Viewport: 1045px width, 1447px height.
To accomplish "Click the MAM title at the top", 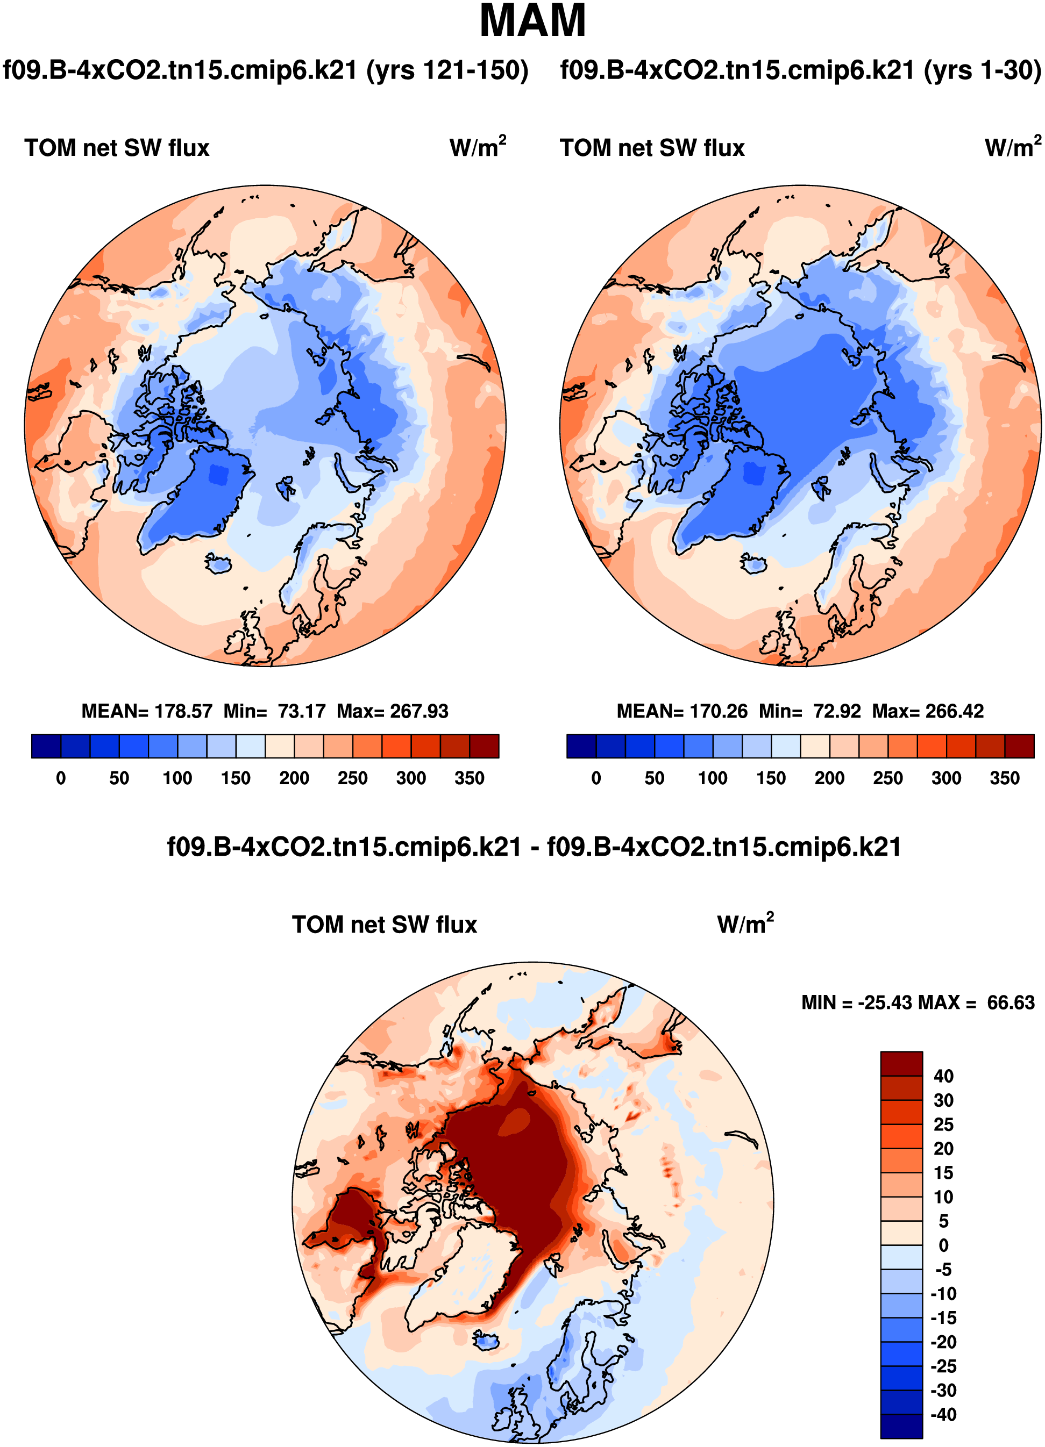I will point(532,21).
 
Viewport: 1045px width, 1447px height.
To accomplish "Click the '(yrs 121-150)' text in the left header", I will point(447,69).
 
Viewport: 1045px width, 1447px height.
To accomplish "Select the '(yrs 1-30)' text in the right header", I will point(982,69).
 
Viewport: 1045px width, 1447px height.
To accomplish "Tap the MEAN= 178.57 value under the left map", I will point(146,711).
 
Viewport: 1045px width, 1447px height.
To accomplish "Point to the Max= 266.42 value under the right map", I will point(928,711).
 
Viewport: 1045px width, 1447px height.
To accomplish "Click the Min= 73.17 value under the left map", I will point(274,711).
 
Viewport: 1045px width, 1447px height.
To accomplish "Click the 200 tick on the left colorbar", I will point(294,778).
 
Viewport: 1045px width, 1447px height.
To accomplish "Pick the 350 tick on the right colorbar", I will point(1004,778).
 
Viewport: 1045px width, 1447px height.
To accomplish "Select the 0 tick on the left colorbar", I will point(61,778).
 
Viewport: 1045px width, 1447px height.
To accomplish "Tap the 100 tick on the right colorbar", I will point(713,778).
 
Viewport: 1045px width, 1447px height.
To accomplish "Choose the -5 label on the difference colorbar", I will point(943,1269).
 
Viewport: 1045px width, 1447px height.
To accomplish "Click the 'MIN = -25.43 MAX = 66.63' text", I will point(918,1002).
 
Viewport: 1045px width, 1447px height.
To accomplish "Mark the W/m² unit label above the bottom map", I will point(745,924).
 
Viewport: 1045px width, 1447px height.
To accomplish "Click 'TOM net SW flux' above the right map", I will point(652,148).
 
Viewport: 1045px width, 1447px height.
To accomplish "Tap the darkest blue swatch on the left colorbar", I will point(46,746).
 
